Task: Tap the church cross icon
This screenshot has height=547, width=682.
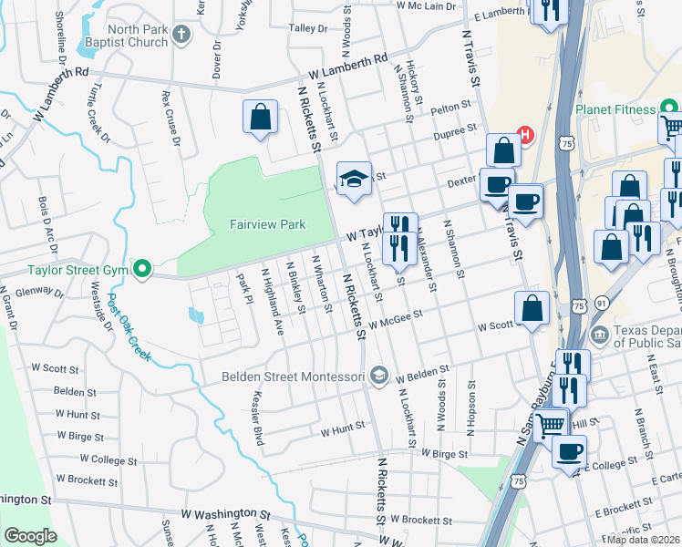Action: [x=181, y=36]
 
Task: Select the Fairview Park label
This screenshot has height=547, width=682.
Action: [x=254, y=224]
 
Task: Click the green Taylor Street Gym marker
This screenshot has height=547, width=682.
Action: [x=141, y=269]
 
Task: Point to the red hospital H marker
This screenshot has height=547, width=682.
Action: [x=525, y=137]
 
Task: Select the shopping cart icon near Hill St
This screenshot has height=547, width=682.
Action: [x=549, y=423]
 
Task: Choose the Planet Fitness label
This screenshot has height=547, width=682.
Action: [x=615, y=110]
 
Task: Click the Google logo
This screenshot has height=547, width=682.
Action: [x=30, y=536]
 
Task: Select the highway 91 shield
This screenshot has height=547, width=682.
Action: [x=601, y=303]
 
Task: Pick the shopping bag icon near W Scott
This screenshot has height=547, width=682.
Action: [x=532, y=307]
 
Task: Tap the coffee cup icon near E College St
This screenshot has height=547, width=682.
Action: [x=570, y=450]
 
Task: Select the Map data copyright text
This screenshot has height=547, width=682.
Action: [x=643, y=539]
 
